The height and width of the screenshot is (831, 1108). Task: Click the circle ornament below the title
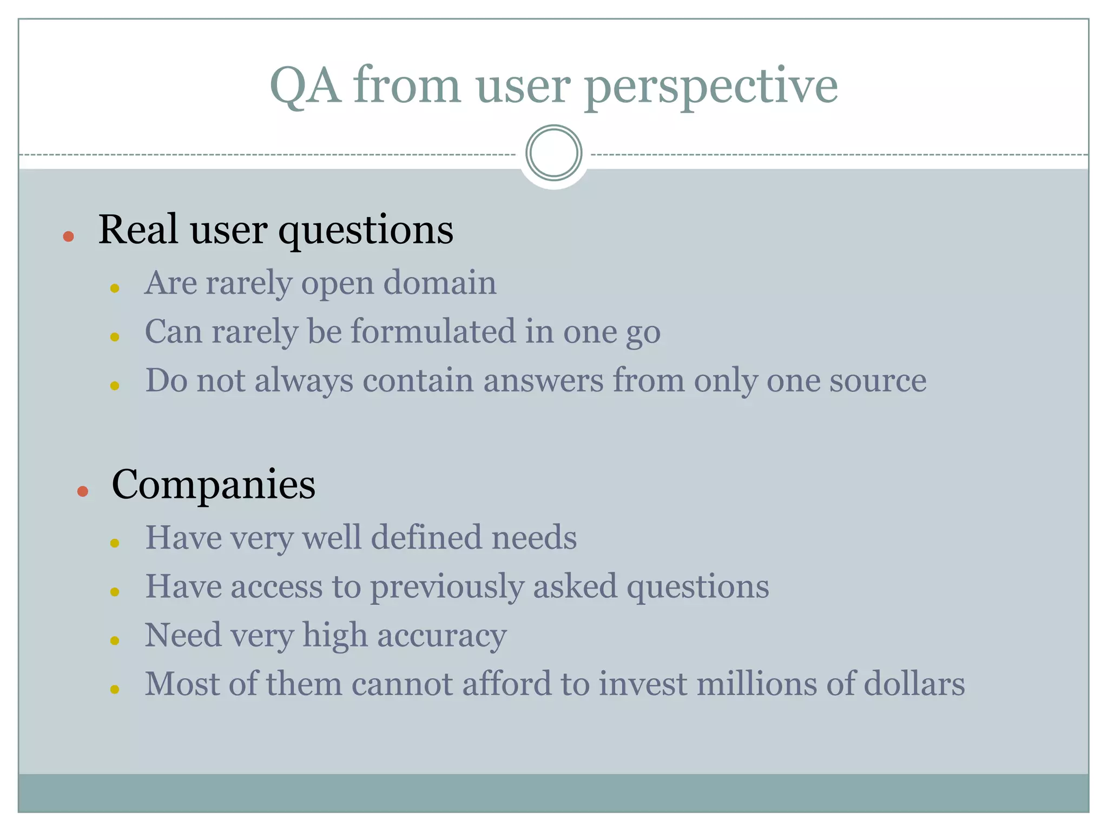pyautogui.click(x=553, y=153)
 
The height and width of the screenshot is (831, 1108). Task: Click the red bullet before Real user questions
pyautogui.click(x=68, y=236)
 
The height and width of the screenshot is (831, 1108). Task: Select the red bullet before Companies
pyautogui.click(x=82, y=491)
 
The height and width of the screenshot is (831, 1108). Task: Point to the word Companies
pyautogui.click(x=213, y=484)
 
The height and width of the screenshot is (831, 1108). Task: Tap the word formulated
pyautogui.click(x=433, y=331)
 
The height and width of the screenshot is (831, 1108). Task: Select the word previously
pyautogui.click(x=447, y=587)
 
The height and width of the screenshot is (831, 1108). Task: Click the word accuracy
pyautogui.click(x=441, y=636)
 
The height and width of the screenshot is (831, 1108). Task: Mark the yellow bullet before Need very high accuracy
pyautogui.click(x=114, y=641)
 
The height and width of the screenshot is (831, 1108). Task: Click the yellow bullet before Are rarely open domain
pyautogui.click(x=114, y=288)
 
